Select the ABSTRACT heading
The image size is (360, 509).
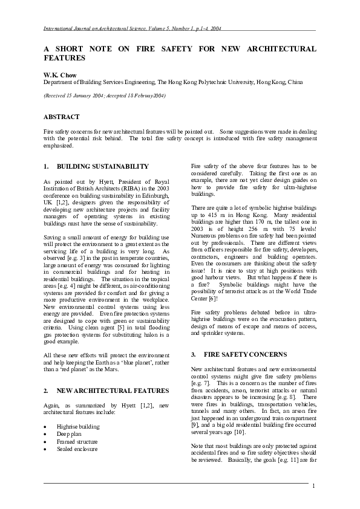61,116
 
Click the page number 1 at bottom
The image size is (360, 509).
314,486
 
